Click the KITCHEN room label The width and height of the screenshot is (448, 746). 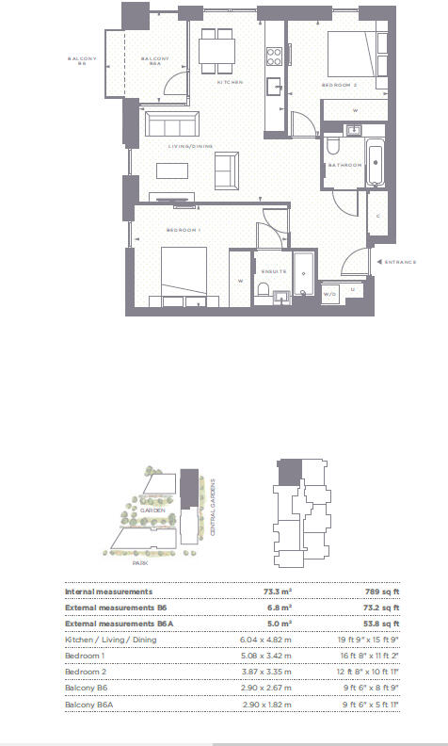(x=230, y=83)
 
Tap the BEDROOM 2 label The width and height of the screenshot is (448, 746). (x=340, y=85)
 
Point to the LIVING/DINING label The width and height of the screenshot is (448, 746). (x=191, y=146)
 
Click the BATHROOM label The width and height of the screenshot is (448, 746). (x=344, y=166)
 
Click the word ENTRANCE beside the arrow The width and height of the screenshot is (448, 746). (x=400, y=262)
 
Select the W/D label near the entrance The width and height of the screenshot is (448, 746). (x=330, y=293)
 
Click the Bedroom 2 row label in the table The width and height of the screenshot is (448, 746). (x=85, y=672)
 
